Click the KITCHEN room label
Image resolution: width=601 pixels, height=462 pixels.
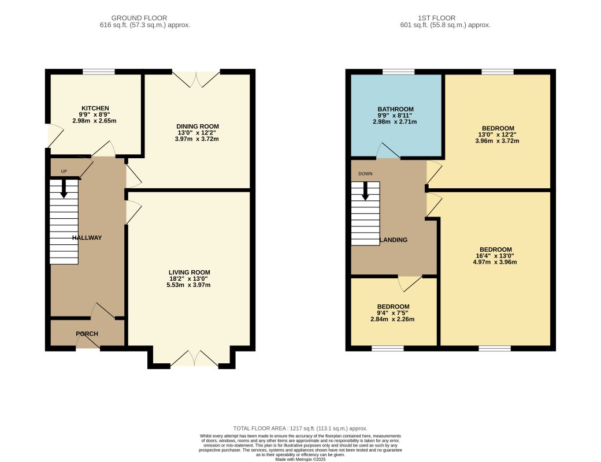95,109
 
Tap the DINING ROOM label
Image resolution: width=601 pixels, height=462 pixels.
198,126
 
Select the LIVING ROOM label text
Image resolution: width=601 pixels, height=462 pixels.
190,273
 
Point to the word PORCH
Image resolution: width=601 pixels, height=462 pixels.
87,334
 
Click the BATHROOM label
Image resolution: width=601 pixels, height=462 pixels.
395,109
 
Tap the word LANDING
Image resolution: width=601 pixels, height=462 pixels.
394,240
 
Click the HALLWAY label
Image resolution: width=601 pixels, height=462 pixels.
87,237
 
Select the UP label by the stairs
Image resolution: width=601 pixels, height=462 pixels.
64,172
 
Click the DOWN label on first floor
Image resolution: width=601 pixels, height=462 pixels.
365,173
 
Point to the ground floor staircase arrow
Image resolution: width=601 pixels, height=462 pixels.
64,188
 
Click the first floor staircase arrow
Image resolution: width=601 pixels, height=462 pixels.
365,191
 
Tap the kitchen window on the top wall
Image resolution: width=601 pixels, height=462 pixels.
99,72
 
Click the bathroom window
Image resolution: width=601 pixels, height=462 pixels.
399,72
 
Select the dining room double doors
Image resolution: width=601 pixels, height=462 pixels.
196,79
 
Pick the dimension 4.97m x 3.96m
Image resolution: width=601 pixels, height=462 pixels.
495,262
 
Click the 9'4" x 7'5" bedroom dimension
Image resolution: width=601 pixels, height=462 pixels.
393,312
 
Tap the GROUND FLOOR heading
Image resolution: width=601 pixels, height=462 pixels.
139,18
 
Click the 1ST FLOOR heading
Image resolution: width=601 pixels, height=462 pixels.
436,18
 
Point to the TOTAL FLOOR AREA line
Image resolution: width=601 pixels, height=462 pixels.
300,429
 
